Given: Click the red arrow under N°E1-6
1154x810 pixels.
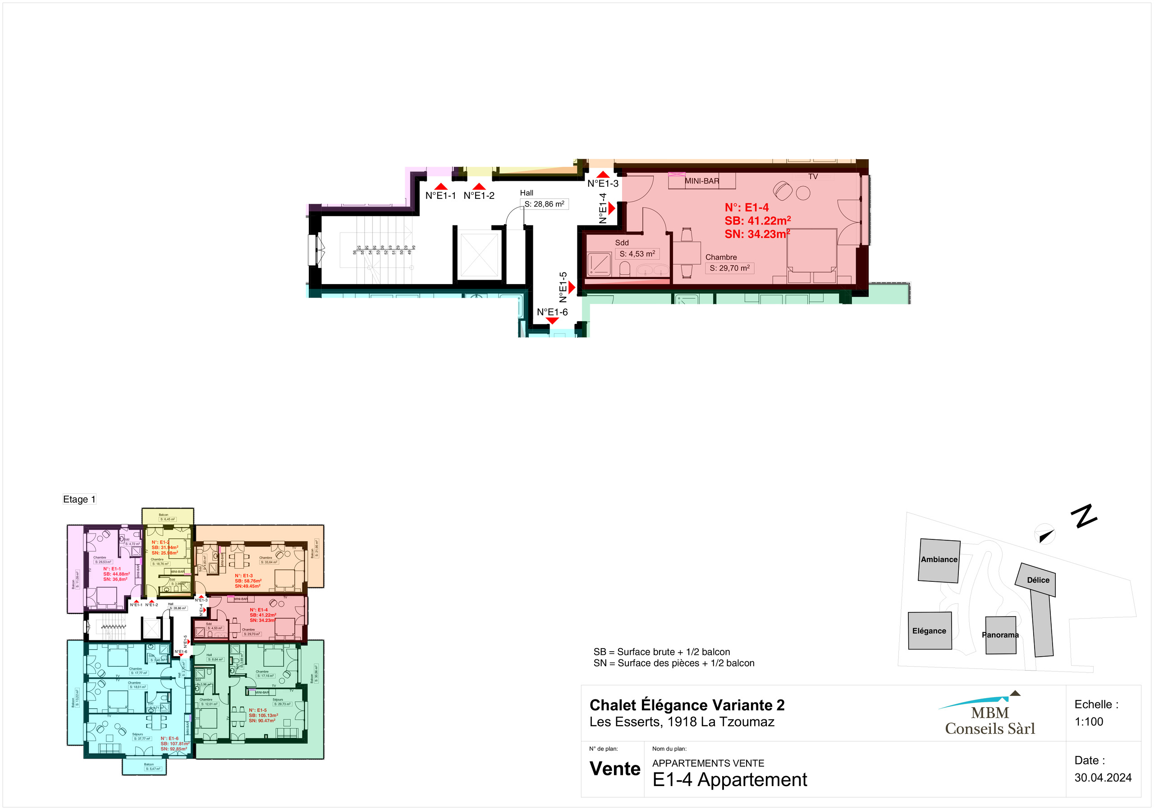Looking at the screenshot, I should tap(552, 321).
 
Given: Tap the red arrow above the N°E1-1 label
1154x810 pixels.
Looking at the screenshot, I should tap(440, 187).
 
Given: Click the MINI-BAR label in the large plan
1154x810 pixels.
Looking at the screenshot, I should tap(702, 181).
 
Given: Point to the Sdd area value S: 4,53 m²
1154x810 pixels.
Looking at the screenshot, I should tap(637, 254).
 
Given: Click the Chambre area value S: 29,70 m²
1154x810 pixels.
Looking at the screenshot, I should tap(729, 268).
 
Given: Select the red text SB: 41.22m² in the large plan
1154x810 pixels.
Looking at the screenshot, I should tap(757, 221).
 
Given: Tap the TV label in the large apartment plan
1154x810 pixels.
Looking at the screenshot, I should tap(813, 176).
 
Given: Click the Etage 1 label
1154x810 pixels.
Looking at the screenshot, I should tap(79, 499).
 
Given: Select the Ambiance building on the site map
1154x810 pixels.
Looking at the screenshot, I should tap(939, 561).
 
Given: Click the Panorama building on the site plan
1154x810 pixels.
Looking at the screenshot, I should tap(1000, 635).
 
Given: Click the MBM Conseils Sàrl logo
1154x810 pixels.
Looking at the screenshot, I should tap(989, 717).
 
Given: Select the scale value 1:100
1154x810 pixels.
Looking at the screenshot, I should tap(1089, 722).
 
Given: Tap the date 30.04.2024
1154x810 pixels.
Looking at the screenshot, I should tap(1103, 778).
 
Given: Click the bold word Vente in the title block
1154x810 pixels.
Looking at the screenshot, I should tap(615, 769).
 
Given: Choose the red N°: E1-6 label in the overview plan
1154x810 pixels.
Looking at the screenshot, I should tap(169, 739).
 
